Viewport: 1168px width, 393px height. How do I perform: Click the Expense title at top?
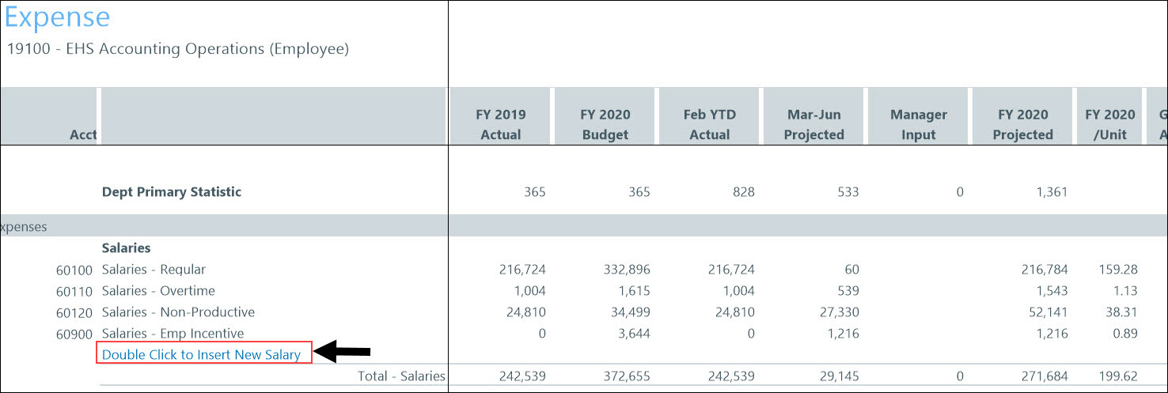(x=57, y=17)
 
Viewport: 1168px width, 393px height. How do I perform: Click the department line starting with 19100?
(x=178, y=49)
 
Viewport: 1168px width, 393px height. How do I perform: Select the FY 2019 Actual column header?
(x=501, y=124)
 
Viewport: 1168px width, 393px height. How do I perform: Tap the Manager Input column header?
(x=918, y=124)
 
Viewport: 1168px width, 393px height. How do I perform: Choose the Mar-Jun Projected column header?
(x=813, y=124)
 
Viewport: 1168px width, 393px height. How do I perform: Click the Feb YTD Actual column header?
(x=709, y=124)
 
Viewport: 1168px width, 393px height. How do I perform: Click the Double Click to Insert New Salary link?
(x=202, y=354)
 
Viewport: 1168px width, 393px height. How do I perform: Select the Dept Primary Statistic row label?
(x=172, y=191)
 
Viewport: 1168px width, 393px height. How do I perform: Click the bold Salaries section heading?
(x=127, y=248)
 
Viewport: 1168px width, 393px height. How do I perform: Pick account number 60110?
(x=74, y=292)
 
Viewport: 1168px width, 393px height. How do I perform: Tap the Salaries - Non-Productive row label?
(x=178, y=312)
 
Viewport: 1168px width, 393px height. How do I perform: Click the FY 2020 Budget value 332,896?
(x=624, y=270)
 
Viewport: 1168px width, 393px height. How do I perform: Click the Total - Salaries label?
(x=401, y=376)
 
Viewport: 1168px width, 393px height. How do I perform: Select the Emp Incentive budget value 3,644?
(x=631, y=334)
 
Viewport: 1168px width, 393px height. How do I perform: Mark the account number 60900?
(x=74, y=334)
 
